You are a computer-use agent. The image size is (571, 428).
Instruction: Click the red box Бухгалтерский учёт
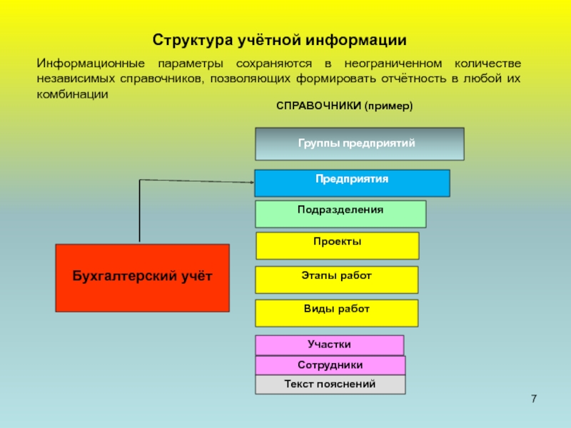tap(142, 277)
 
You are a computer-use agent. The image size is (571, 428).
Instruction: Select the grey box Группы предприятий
tap(360, 143)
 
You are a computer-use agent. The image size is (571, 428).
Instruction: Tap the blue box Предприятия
tap(352, 183)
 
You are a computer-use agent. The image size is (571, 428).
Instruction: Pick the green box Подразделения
tap(340, 214)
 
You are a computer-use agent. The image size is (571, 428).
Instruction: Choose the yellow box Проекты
tap(337, 245)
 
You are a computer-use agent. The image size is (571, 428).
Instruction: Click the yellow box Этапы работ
tap(337, 280)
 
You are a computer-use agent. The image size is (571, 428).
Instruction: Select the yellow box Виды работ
tap(337, 313)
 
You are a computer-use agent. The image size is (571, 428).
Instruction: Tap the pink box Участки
tap(329, 345)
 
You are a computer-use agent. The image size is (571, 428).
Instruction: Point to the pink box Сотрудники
tap(330, 365)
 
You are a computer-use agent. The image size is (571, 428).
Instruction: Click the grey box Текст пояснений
tap(330, 385)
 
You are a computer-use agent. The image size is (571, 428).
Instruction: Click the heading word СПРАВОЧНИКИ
tap(318, 106)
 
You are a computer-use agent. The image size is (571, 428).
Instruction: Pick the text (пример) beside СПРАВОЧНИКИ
tap(389, 106)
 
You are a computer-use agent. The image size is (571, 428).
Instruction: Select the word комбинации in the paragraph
tap(72, 93)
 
